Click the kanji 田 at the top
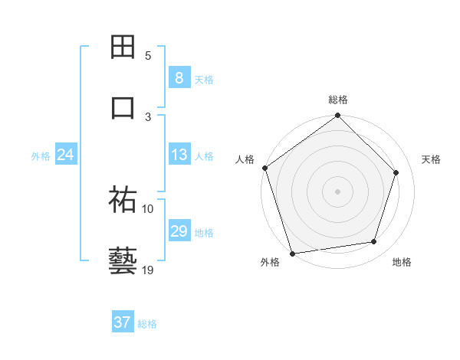pos(123,47)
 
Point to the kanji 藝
pos(123,260)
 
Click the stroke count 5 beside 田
pos(148,56)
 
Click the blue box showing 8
pos(179,78)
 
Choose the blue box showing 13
pos(179,155)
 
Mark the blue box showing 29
pos(179,231)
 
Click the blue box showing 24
pos(65,155)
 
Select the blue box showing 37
pos(122,322)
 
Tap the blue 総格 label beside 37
pos(147,324)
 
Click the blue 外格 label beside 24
pos(41,156)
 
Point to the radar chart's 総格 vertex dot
pos(337,116)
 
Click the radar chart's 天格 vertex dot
pos(396,172)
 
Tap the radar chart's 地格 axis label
pos(402,262)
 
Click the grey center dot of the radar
pos(337,191)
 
